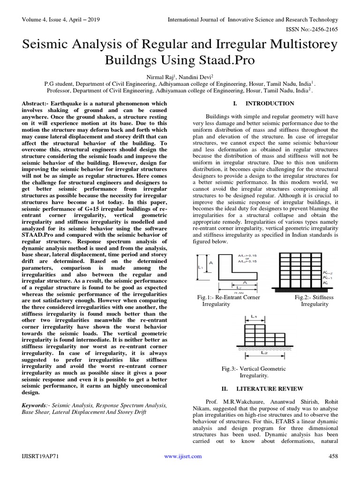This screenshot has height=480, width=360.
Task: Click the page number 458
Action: pos(333,456)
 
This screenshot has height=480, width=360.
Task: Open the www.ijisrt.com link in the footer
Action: pos(182,456)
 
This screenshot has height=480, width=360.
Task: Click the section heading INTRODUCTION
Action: pos(270,103)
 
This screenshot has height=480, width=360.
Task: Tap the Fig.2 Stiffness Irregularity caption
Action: pos(314,300)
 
